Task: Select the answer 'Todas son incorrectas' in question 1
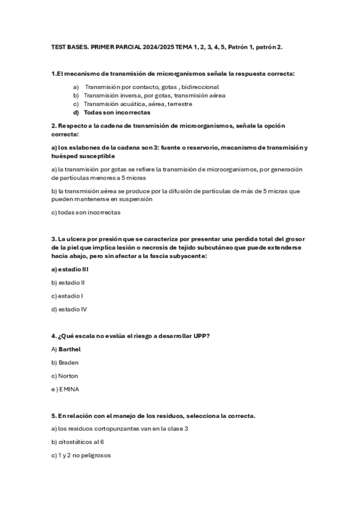click(x=117, y=112)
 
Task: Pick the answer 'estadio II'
click(x=72, y=283)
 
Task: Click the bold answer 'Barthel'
click(x=70, y=349)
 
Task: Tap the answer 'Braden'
click(x=69, y=363)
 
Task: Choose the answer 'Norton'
click(x=68, y=376)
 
